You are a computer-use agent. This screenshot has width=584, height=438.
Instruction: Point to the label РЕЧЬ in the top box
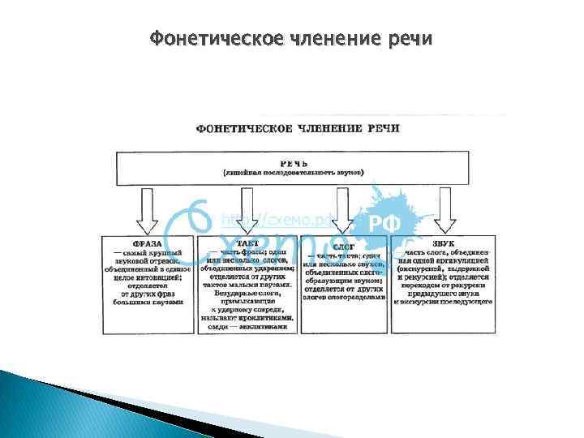tap(294, 162)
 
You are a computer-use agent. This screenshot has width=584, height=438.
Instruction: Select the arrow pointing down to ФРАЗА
tap(147, 209)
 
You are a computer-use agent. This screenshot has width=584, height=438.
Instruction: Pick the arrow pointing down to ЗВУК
tap(442, 209)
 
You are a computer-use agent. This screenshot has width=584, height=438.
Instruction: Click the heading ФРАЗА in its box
tap(148, 243)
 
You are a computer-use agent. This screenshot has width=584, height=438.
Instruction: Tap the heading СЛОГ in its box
tap(344, 244)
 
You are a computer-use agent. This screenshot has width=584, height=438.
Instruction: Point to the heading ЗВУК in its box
tap(443, 243)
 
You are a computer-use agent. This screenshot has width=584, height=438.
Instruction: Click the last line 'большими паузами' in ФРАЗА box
tap(148, 301)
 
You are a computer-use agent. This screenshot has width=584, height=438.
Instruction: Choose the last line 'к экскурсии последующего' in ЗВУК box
tap(443, 301)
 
